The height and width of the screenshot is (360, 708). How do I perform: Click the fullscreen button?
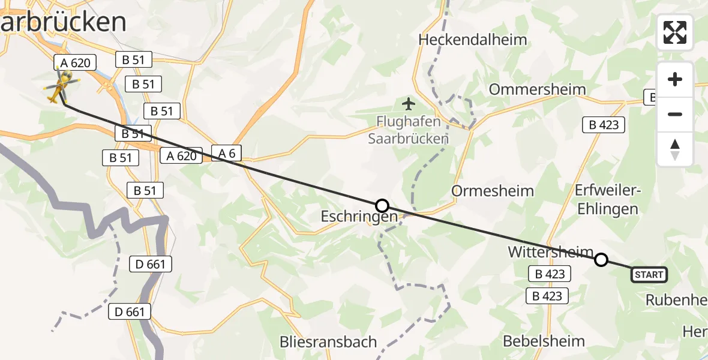(675, 32)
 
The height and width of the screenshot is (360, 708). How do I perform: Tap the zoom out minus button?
(675, 114)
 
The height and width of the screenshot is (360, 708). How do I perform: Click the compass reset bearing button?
(675, 149)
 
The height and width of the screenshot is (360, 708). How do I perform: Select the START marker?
(649, 275)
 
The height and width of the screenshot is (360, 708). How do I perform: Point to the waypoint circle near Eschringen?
(382, 206)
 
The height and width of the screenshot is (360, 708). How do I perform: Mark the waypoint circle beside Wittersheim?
(601, 260)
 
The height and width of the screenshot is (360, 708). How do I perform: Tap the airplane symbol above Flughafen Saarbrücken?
(409, 104)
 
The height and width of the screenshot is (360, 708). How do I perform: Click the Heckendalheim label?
(473, 40)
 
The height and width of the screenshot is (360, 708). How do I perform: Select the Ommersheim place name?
(538, 89)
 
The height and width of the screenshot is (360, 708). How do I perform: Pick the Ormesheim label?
(493, 191)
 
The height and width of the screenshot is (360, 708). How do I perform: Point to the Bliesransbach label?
(328, 342)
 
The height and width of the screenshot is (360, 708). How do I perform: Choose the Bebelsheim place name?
(544, 341)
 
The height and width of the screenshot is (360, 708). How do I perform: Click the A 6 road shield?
(227, 154)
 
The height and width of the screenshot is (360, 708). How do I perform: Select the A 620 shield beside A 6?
(179, 156)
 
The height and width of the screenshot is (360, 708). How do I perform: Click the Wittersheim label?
(551, 253)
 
